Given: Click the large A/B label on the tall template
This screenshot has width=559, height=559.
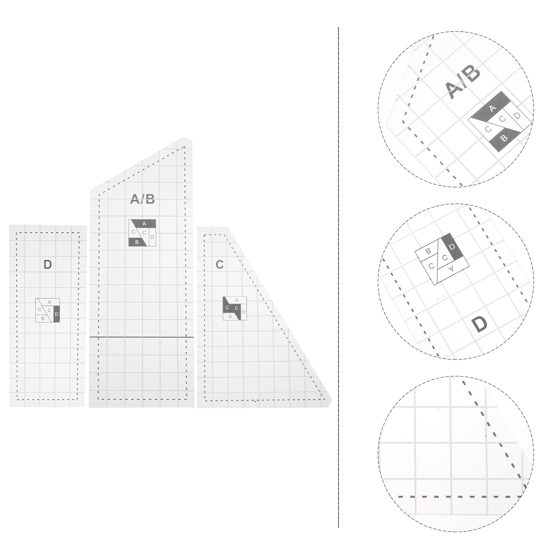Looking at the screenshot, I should [142, 199].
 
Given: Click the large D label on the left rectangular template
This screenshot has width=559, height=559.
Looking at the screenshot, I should [48, 264].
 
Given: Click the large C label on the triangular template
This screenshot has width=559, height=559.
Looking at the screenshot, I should [219, 264].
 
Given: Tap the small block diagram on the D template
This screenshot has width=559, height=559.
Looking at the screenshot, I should [48, 310].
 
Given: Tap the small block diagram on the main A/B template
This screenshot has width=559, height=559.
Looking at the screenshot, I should [142, 233].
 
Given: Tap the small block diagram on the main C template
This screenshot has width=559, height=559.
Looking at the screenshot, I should [235, 308].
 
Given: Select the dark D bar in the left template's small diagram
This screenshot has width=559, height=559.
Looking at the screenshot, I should [57, 314].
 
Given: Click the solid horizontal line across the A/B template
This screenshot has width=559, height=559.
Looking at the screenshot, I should [141, 337].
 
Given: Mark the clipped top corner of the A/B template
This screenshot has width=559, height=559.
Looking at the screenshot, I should [188, 139].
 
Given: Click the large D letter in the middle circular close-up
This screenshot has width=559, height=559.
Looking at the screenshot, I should [480, 325].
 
